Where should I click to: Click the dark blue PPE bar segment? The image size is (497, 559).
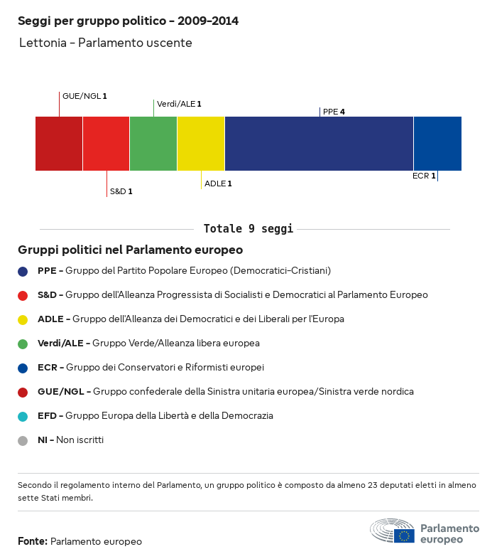pos(319,144)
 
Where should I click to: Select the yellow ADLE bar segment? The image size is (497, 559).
pos(201,144)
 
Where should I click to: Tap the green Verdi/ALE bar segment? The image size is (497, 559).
pos(153,144)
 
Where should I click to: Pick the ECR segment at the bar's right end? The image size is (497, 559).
pos(437,144)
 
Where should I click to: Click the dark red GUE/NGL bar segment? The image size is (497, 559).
pos(59,144)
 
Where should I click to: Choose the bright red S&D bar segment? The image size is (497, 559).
pos(106,144)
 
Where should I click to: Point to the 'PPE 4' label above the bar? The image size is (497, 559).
pos(334,112)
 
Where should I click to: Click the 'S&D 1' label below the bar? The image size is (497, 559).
pos(121,191)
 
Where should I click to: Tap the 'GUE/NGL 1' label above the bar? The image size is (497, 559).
pos(84,95)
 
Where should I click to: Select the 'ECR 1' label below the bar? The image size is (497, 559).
pos(424,175)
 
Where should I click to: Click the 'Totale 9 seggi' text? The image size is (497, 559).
pos(248,229)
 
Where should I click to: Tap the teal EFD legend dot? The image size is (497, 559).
pos(23,416)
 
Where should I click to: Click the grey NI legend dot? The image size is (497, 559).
pos(23,440)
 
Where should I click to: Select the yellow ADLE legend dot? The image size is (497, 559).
pos(23,319)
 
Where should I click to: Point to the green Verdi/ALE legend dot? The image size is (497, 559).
pos(23,344)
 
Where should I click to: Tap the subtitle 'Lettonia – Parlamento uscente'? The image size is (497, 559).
pos(105,43)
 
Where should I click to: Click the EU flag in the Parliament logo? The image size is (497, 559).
pos(405,536)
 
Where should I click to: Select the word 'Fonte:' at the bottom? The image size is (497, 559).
pos(33,541)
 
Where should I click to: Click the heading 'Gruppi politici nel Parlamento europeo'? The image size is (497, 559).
pos(131,250)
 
